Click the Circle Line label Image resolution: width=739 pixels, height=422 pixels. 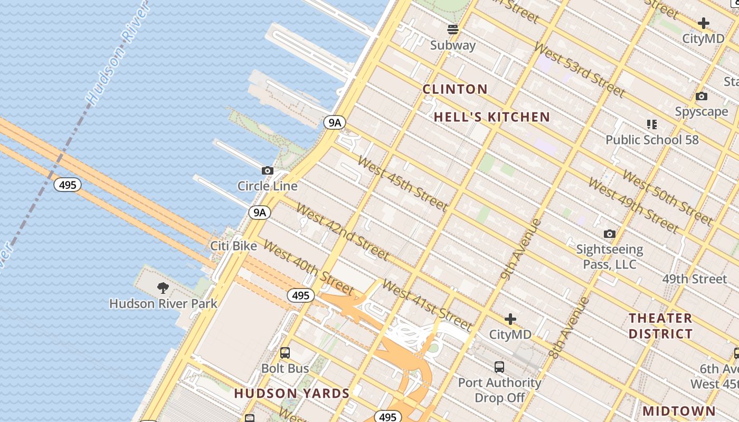point(267,186)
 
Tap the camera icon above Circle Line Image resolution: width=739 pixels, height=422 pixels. point(268,170)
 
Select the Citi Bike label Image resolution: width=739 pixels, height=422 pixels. point(234,246)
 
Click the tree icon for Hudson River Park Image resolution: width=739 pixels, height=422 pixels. point(163,288)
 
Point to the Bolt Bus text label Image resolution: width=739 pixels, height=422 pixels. point(285,368)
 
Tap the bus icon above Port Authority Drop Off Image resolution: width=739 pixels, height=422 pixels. point(499,367)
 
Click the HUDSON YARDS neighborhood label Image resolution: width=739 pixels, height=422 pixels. point(292,394)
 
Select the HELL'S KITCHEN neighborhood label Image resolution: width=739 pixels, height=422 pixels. point(492,117)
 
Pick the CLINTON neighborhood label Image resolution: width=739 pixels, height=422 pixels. point(455,89)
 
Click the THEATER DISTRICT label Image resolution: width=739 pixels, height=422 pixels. point(660,326)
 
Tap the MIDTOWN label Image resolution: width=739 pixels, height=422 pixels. point(679,411)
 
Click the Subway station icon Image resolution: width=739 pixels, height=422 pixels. point(453,29)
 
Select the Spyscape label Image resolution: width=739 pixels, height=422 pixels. point(701,112)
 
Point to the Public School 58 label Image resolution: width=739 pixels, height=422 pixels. point(652,140)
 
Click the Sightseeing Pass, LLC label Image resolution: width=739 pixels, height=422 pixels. point(610,256)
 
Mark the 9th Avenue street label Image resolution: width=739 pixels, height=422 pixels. point(521,248)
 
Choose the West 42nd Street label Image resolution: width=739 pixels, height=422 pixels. point(343,232)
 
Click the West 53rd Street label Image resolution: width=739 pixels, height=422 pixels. point(579,69)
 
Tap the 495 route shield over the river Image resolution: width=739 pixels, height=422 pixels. point(68,185)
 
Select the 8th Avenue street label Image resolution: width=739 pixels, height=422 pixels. point(569,328)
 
